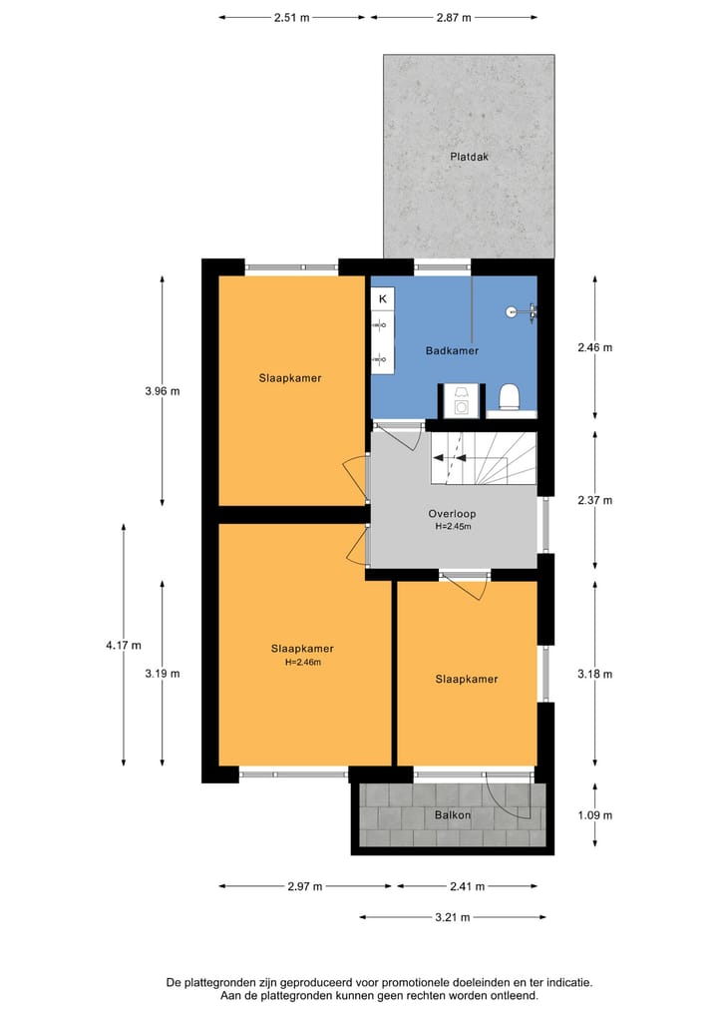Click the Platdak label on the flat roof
click(x=469, y=157)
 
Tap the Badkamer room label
click(x=452, y=351)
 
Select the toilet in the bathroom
click(x=509, y=397)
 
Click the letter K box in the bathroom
click(x=382, y=298)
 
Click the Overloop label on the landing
click(x=452, y=514)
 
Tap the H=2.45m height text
click(x=452, y=527)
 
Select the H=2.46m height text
click(x=302, y=661)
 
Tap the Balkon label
click(x=452, y=815)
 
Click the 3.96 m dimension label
click(x=163, y=391)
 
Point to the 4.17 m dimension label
click(x=123, y=646)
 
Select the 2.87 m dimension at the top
click(x=453, y=17)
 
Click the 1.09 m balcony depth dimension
click(x=594, y=815)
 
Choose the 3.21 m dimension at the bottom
click(x=453, y=917)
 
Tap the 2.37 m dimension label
click(x=594, y=501)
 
